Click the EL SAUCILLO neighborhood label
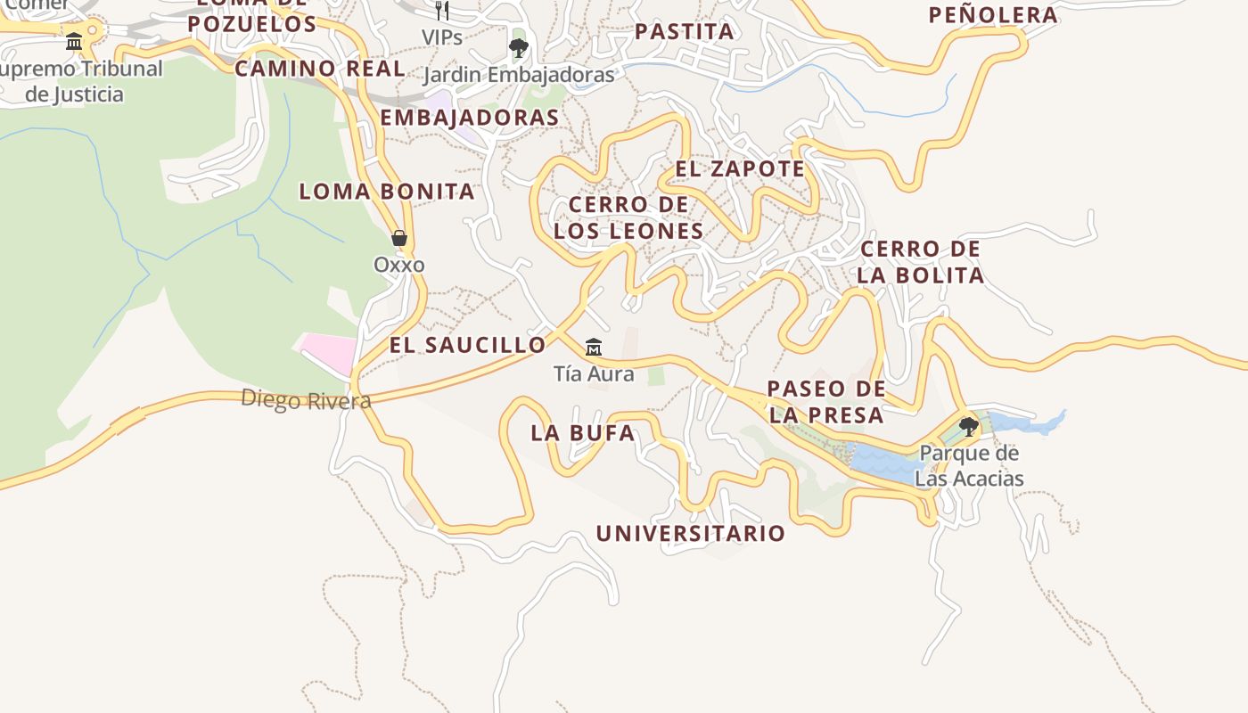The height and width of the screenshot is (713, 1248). (x=467, y=345)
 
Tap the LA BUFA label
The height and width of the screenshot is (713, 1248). (x=583, y=433)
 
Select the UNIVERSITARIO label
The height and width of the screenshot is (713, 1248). (x=691, y=534)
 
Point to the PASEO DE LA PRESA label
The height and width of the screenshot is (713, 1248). (x=826, y=402)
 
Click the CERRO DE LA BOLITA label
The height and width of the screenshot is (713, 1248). (x=921, y=262)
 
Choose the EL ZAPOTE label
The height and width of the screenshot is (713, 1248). (x=740, y=168)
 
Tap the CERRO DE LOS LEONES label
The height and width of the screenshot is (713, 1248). (x=628, y=217)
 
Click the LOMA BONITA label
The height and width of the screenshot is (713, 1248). (x=386, y=191)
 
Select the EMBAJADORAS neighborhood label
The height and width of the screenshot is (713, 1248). (x=470, y=118)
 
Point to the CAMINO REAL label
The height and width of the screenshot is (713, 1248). (x=319, y=69)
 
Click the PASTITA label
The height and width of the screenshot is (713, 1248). (x=685, y=32)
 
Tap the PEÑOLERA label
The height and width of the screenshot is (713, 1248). (x=993, y=15)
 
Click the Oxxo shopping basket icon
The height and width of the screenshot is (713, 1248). (x=399, y=238)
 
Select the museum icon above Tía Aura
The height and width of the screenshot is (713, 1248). (x=593, y=347)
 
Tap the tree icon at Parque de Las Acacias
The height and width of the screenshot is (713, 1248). (x=968, y=427)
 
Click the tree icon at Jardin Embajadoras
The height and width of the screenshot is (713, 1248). (x=518, y=47)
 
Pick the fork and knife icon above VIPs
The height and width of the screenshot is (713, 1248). (x=442, y=11)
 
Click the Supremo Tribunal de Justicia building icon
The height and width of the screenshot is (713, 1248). (x=74, y=41)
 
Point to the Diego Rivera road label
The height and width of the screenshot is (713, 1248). (x=306, y=399)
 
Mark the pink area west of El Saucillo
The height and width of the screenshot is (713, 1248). (x=328, y=350)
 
